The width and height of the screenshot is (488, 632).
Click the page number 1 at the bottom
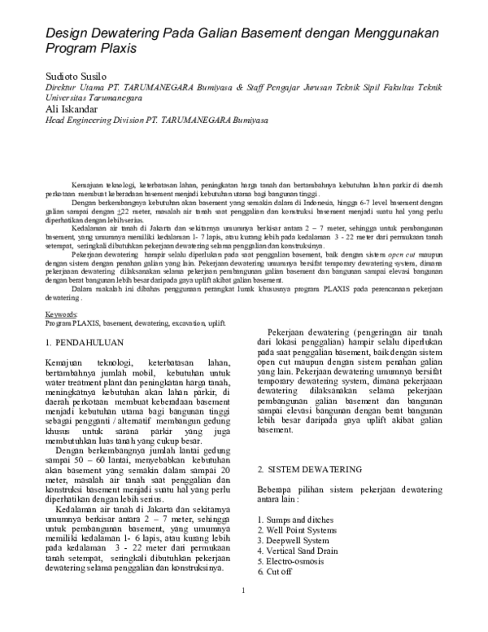(x=242, y=613)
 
